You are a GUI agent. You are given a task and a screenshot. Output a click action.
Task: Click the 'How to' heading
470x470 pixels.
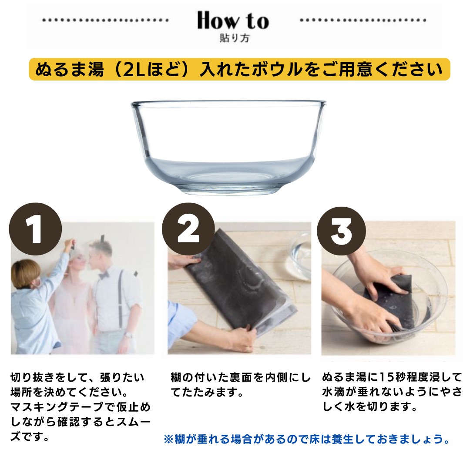pos(233,21)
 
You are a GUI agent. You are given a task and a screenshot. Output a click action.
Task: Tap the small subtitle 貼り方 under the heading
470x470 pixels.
pos(235,38)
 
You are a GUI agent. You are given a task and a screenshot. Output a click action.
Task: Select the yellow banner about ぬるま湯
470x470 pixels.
pos(239,69)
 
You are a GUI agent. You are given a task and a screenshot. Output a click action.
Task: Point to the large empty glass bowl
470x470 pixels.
pos(228,148)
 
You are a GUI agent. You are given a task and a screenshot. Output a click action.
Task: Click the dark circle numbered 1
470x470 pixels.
pos(35,229)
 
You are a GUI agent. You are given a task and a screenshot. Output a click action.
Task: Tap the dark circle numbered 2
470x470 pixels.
pos(188,229)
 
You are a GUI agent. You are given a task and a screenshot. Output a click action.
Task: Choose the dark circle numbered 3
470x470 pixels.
pos(342,231)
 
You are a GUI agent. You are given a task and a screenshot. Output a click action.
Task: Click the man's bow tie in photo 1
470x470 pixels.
pos(104,275)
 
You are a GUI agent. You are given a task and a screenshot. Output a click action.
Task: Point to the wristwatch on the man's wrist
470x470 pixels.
pos(128,335)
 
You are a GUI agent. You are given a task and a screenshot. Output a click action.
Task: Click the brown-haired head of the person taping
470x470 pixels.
pos(25,273)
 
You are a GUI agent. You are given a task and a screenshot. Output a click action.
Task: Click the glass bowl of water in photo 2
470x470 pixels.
pos(300,256)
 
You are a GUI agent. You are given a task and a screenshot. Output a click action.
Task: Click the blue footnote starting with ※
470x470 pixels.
pos(307,439)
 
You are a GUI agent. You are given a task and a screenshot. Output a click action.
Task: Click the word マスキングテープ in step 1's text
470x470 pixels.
pos(53,407)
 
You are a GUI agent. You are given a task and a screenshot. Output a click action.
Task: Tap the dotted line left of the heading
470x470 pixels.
pos(105,20)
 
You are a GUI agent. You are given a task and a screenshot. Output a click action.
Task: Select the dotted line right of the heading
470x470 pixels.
pos(363,20)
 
